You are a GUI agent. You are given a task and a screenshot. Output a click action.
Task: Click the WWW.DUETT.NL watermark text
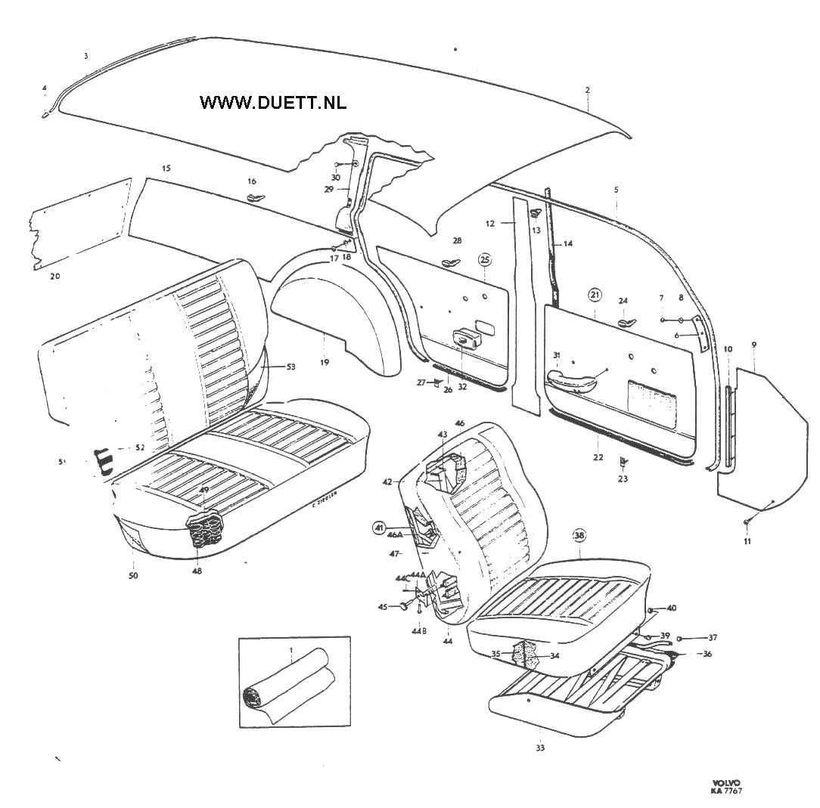tap(273, 103)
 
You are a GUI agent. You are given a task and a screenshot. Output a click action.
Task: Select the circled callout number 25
tap(485, 260)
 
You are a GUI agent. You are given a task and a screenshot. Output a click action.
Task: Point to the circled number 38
tap(579, 535)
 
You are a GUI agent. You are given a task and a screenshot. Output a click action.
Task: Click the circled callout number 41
tap(379, 527)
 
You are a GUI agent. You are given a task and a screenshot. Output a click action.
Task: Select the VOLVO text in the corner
tap(726, 782)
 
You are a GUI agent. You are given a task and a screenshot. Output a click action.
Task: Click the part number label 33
tap(539, 748)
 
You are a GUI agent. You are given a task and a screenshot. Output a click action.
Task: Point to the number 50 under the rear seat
tap(133, 576)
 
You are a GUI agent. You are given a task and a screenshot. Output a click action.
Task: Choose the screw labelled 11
tap(747, 521)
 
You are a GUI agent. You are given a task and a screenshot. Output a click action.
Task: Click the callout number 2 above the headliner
tap(588, 90)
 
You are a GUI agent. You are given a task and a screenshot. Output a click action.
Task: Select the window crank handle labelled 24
tap(626, 323)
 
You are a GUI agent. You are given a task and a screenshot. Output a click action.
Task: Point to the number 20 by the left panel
tap(54, 277)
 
